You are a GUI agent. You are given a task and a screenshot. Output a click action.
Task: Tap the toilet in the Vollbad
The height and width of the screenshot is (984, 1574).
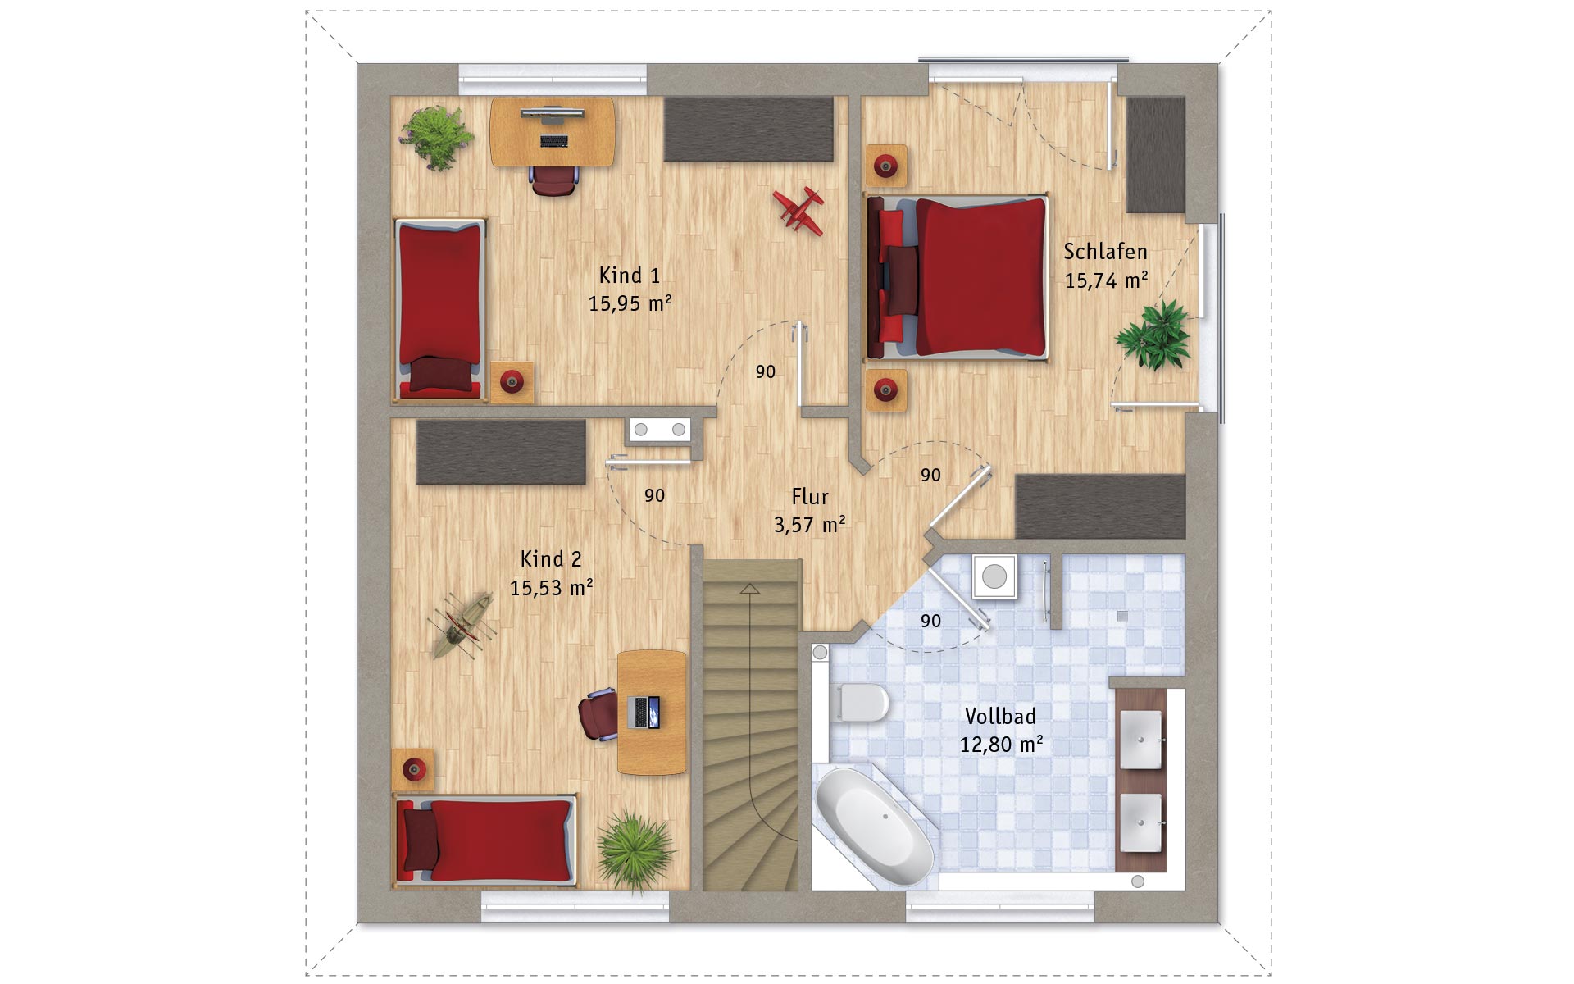862,703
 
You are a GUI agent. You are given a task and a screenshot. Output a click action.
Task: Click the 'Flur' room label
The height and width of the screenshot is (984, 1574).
810,497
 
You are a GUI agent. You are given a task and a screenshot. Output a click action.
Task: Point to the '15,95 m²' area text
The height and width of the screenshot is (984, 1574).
630,303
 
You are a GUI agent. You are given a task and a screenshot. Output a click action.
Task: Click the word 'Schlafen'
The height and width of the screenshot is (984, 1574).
1105,251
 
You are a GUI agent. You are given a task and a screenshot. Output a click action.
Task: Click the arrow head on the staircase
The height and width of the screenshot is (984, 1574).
749,588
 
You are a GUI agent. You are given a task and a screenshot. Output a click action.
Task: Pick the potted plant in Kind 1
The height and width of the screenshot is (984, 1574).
436,137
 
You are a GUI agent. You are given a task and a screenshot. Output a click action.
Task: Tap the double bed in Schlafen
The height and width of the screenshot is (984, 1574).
958,277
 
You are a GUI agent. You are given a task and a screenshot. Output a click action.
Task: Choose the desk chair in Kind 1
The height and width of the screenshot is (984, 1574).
553,180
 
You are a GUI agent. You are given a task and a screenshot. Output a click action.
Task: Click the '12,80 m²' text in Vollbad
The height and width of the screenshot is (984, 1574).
1001,745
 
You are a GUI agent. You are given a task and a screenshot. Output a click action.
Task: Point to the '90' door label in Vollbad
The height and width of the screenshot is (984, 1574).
930,621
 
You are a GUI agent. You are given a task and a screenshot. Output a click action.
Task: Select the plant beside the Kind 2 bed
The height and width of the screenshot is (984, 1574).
635,848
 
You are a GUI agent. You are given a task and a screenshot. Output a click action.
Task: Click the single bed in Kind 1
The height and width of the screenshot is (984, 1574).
439,310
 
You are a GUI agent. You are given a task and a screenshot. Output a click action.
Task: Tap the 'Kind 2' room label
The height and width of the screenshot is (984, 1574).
551,559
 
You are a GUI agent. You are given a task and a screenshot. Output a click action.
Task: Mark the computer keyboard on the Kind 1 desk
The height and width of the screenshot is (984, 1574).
553,140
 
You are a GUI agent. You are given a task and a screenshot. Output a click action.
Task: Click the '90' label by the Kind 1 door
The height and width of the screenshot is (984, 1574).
765,372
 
